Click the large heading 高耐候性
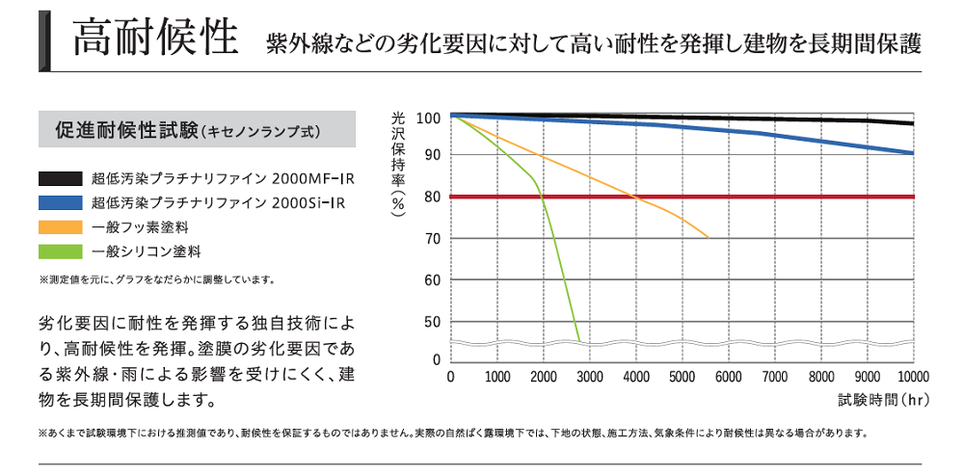click(x=155, y=39)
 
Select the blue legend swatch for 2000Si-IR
click(x=60, y=203)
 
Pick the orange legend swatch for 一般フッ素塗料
click(x=60, y=228)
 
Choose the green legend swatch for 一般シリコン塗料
click(x=60, y=252)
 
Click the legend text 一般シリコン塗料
click(x=147, y=252)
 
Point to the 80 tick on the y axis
click(x=431, y=197)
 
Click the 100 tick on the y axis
click(x=428, y=118)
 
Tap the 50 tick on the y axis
click(x=431, y=322)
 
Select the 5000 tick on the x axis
click(x=683, y=377)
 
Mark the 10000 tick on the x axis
click(x=911, y=377)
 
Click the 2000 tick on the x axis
click(x=544, y=377)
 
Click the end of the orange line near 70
click(x=708, y=237)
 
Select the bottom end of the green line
click(x=578, y=339)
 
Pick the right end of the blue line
click(x=912, y=153)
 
